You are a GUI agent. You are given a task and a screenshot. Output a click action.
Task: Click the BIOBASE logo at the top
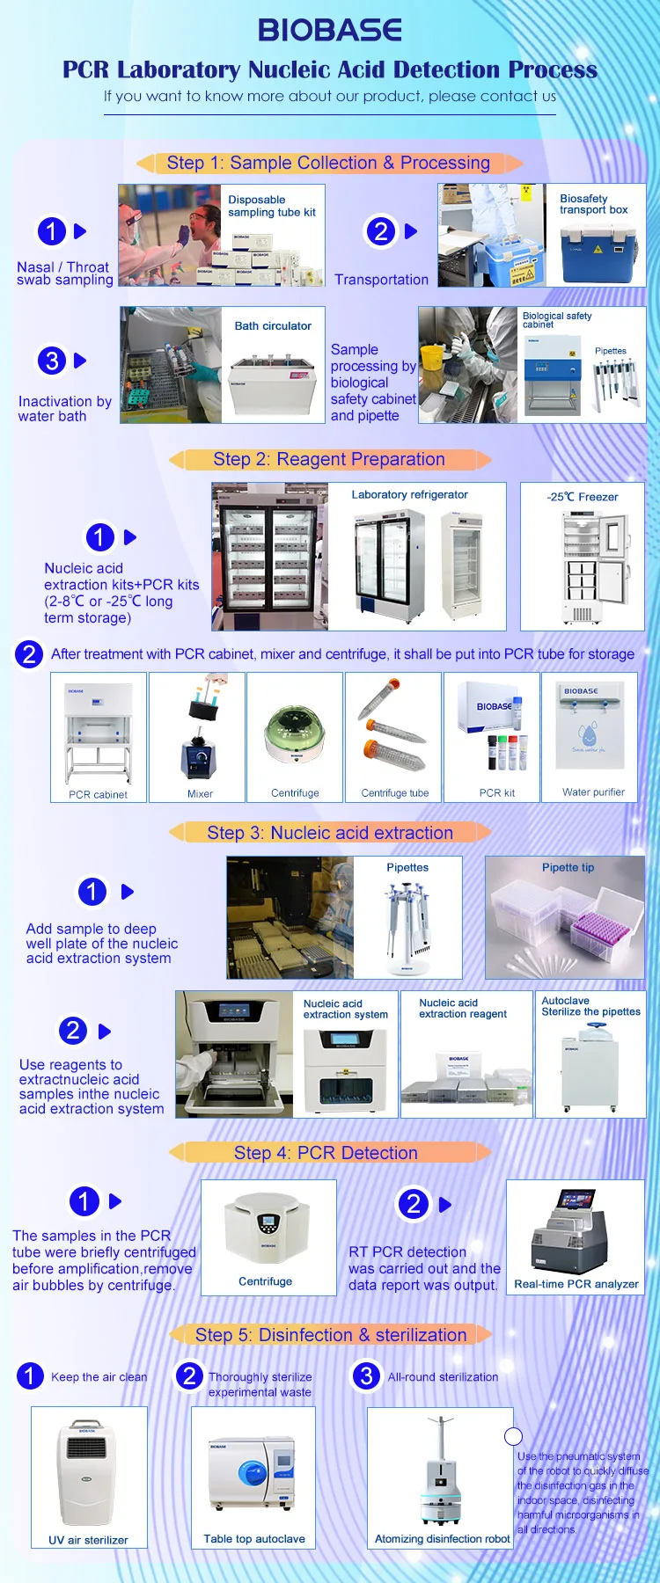pos(330,31)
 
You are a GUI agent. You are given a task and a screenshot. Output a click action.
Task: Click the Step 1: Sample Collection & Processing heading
pos(328,164)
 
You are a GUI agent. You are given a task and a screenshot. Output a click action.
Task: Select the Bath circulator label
pos(273,326)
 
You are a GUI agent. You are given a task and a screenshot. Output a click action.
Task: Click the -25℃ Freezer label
pos(583,497)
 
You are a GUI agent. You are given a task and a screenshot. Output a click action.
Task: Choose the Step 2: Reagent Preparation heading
pos(329,459)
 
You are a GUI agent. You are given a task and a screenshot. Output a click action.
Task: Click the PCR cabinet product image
pos(98,733)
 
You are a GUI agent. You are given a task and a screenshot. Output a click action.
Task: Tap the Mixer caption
pos(200,793)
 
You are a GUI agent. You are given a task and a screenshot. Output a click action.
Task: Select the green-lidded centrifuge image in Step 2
pos(295,733)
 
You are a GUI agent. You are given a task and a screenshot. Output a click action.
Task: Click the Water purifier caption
pos(593,792)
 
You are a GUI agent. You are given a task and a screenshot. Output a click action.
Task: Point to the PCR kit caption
pos(497,793)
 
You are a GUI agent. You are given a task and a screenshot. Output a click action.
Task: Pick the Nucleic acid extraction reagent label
pos(463,1009)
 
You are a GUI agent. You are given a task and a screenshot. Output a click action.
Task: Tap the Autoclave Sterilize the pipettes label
pos(590,1007)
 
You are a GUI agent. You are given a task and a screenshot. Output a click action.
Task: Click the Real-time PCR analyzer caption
pos(576,1284)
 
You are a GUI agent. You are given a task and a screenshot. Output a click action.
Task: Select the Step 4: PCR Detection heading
pos(326,1153)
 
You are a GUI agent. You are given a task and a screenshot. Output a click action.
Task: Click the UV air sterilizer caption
pos(88,1540)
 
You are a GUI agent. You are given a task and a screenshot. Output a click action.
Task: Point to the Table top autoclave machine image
pos(253,1478)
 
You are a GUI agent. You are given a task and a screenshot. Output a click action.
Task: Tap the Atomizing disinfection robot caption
pos(443,1539)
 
